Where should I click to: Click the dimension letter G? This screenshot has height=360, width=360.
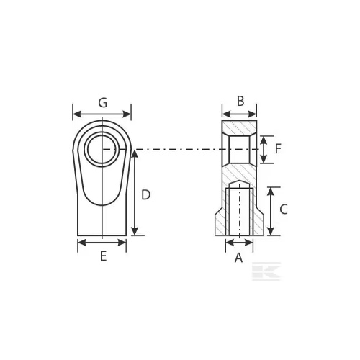click(x=103, y=103)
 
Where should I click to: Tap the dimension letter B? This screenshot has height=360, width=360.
click(x=240, y=102)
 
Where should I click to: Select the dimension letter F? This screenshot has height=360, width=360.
click(x=278, y=149)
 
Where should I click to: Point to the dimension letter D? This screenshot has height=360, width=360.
click(x=145, y=195)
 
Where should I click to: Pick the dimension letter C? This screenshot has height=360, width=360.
click(x=284, y=210)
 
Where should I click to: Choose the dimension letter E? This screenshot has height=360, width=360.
click(x=103, y=256)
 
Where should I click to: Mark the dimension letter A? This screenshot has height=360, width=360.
click(x=238, y=258)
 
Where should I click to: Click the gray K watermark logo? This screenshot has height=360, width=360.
click(x=266, y=271)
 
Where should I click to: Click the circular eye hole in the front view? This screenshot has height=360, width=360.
click(x=102, y=149)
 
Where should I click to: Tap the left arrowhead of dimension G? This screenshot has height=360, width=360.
click(x=77, y=114)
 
